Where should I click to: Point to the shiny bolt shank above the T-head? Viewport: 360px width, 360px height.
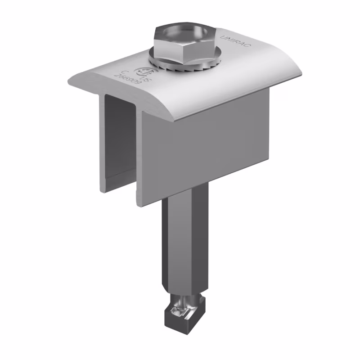pos(186,300)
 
